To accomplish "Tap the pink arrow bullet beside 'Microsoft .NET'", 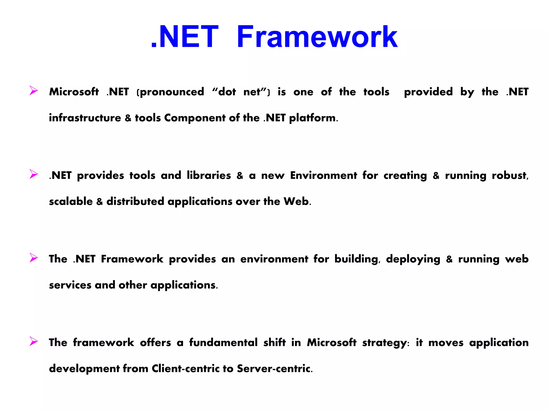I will pyautogui.click(x=33, y=90).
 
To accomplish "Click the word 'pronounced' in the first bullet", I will pyautogui.click(x=172, y=92).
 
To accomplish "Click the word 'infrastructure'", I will pyautogui.click(x=85, y=118).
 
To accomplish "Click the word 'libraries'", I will pyautogui.click(x=209, y=176).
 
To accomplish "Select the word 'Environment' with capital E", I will pyautogui.click(x=324, y=176).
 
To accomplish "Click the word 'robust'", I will pyautogui.click(x=509, y=176).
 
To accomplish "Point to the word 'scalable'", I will pyautogui.click(x=71, y=201).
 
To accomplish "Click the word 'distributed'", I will pyautogui.click(x=135, y=201).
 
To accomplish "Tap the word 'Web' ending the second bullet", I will pyautogui.click(x=296, y=201).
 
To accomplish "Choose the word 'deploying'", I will pyautogui.click(x=413, y=259).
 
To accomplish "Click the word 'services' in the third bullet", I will pyautogui.click(x=70, y=285).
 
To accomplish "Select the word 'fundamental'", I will pyautogui.click(x=223, y=342).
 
